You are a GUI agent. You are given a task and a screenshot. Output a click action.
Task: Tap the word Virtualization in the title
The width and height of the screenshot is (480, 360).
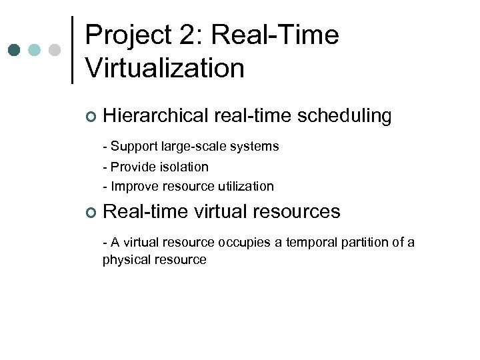165,68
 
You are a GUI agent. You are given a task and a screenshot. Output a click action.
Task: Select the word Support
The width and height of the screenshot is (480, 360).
131,146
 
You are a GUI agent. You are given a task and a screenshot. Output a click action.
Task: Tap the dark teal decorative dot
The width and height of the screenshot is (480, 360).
15,51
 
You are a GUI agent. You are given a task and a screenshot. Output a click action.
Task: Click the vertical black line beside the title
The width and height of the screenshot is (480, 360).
72,50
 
